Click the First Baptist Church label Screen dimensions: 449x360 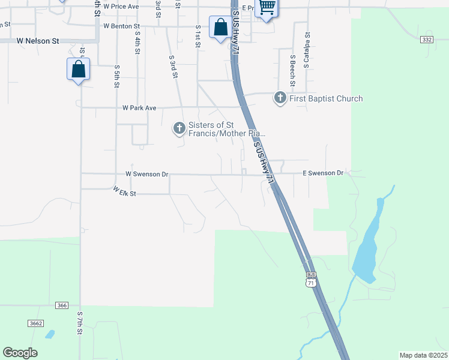click(326, 98)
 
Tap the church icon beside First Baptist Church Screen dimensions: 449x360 click(280, 98)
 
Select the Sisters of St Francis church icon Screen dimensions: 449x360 click(179, 128)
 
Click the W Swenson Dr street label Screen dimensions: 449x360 click(147, 174)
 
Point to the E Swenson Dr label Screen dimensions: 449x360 click(323, 173)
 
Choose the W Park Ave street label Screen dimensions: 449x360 click(139, 108)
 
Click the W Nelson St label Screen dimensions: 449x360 click(38, 41)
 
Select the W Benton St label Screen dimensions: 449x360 click(121, 26)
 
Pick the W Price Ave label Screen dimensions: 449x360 click(121, 6)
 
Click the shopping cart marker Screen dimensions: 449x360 click(267, 8)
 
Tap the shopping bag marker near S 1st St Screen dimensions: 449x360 click(220, 27)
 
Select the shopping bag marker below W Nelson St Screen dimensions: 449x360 click(79, 69)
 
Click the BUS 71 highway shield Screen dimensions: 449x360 click(310, 281)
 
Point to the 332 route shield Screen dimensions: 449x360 click(427, 39)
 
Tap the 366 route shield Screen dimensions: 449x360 click(62, 305)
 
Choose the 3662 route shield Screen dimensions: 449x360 click(35, 323)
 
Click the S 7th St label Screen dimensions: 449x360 click(79, 323)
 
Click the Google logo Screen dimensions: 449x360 click(20, 353)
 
